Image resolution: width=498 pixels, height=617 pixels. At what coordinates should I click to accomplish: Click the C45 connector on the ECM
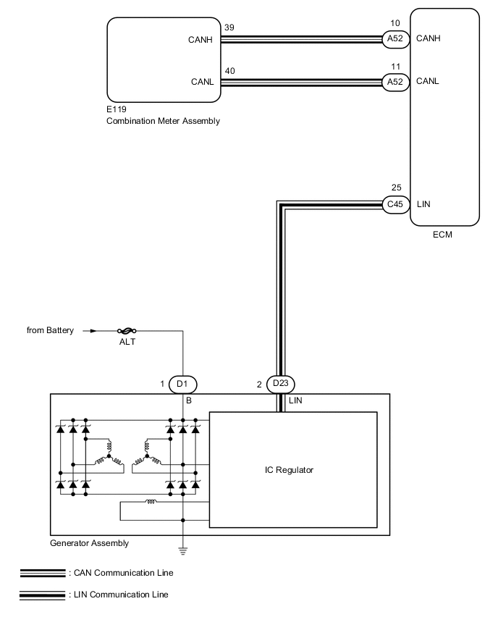click(395, 204)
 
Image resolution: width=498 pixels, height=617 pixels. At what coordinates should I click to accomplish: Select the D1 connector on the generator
click(182, 384)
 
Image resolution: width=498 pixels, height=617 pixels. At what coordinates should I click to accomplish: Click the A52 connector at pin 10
click(395, 38)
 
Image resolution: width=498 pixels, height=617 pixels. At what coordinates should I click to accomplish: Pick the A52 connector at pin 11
click(395, 82)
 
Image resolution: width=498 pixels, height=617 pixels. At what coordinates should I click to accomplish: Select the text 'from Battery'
click(50, 331)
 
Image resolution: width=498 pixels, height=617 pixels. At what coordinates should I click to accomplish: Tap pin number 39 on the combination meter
click(230, 27)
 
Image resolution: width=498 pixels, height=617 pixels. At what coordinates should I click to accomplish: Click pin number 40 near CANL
click(230, 70)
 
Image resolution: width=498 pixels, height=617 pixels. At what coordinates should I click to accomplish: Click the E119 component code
click(117, 110)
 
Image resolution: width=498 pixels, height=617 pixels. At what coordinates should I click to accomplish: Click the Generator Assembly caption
click(90, 542)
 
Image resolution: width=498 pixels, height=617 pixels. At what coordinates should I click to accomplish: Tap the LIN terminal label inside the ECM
click(424, 204)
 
